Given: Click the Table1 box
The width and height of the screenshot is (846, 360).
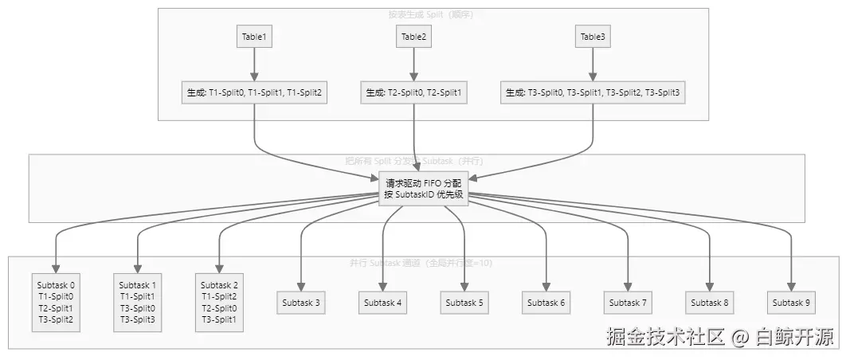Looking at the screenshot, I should pyautogui.click(x=254, y=37).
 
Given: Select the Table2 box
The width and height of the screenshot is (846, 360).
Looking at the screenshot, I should pyautogui.click(x=413, y=37).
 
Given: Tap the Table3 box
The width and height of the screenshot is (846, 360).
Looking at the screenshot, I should pyautogui.click(x=593, y=37).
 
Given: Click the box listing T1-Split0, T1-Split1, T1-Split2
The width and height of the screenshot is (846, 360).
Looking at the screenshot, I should pyautogui.click(x=254, y=92).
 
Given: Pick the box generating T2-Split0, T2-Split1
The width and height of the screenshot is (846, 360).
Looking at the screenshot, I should pyautogui.click(x=413, y=92).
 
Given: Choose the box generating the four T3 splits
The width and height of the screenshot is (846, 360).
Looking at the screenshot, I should pyautogui.click(x=593, y=92).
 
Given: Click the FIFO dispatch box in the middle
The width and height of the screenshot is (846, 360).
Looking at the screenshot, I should pyautogui.click(x=425, y=189).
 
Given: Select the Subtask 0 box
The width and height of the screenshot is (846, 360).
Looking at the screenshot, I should pyautogui.click(x=56, y=302).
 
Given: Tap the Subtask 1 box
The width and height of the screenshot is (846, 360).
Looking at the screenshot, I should pyautogui.click(x=138, y=302).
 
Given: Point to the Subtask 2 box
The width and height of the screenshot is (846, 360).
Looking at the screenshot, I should pyautogui.click(x=219, y=302).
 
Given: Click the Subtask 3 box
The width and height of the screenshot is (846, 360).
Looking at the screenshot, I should pyautogui.click(x=301, y=303).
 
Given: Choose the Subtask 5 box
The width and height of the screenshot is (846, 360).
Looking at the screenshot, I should pyautogui.click(x=464, y=303).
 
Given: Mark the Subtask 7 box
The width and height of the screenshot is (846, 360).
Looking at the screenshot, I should pyautogui.click(x=628, y=303).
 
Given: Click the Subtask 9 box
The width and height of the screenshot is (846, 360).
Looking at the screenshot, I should pyautogui.click(x=792, y=303).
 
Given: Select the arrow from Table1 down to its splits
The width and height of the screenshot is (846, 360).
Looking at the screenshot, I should pyautogui.click(x=254, y=64).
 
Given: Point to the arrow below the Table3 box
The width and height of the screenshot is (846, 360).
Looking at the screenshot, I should pyautogui.click(x=593, y=64).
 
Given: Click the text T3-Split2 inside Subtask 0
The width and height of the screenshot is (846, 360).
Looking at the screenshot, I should pyautogui.click(x=56, y=320).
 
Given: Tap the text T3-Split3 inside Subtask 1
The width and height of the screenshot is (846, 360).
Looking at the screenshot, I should pyautogui.click(x=138, y=320).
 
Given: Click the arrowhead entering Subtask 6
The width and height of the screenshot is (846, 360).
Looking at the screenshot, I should pyautogui.click(x=546, y=287).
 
